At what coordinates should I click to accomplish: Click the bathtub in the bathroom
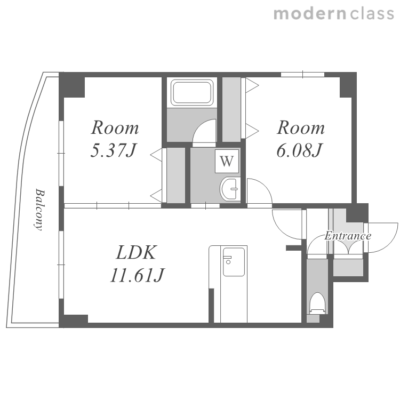pos(192,92)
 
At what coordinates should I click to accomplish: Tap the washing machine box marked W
pos(227,161)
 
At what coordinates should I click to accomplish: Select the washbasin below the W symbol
pos(229,189)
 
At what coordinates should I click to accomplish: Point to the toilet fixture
pos(317,303)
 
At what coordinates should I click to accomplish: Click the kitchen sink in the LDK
pos(234,262)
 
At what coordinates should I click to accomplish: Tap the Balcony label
pos(39,210)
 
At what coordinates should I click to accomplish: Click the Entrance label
pos(348,236)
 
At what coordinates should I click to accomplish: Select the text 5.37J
pos(114,150)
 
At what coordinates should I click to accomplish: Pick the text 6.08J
pos(300,150)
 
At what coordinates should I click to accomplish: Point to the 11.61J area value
pos(138,275)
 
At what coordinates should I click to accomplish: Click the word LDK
pos(135,253)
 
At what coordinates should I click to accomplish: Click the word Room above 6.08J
pos(301,127)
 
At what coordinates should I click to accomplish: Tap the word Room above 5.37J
pos(115,127)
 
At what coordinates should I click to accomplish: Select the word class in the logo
pos(372,14)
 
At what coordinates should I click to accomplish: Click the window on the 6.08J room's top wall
pos(302,75)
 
